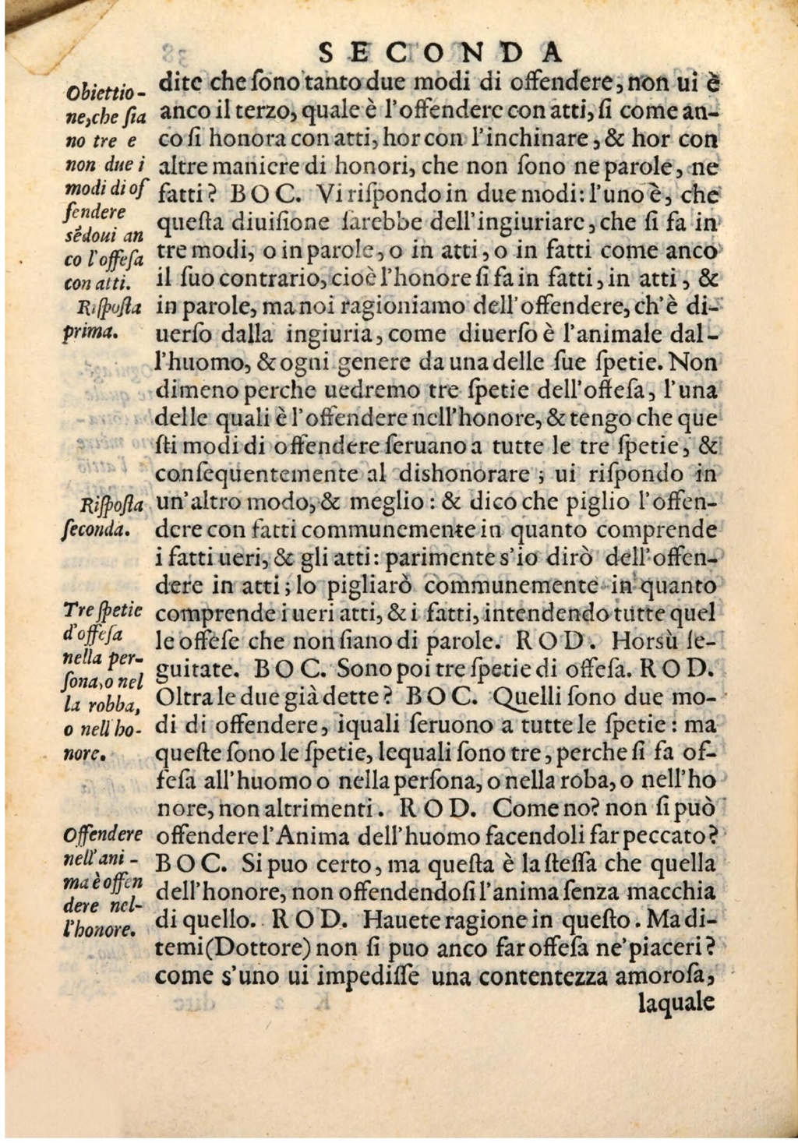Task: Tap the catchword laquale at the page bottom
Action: tap(676, 1002)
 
